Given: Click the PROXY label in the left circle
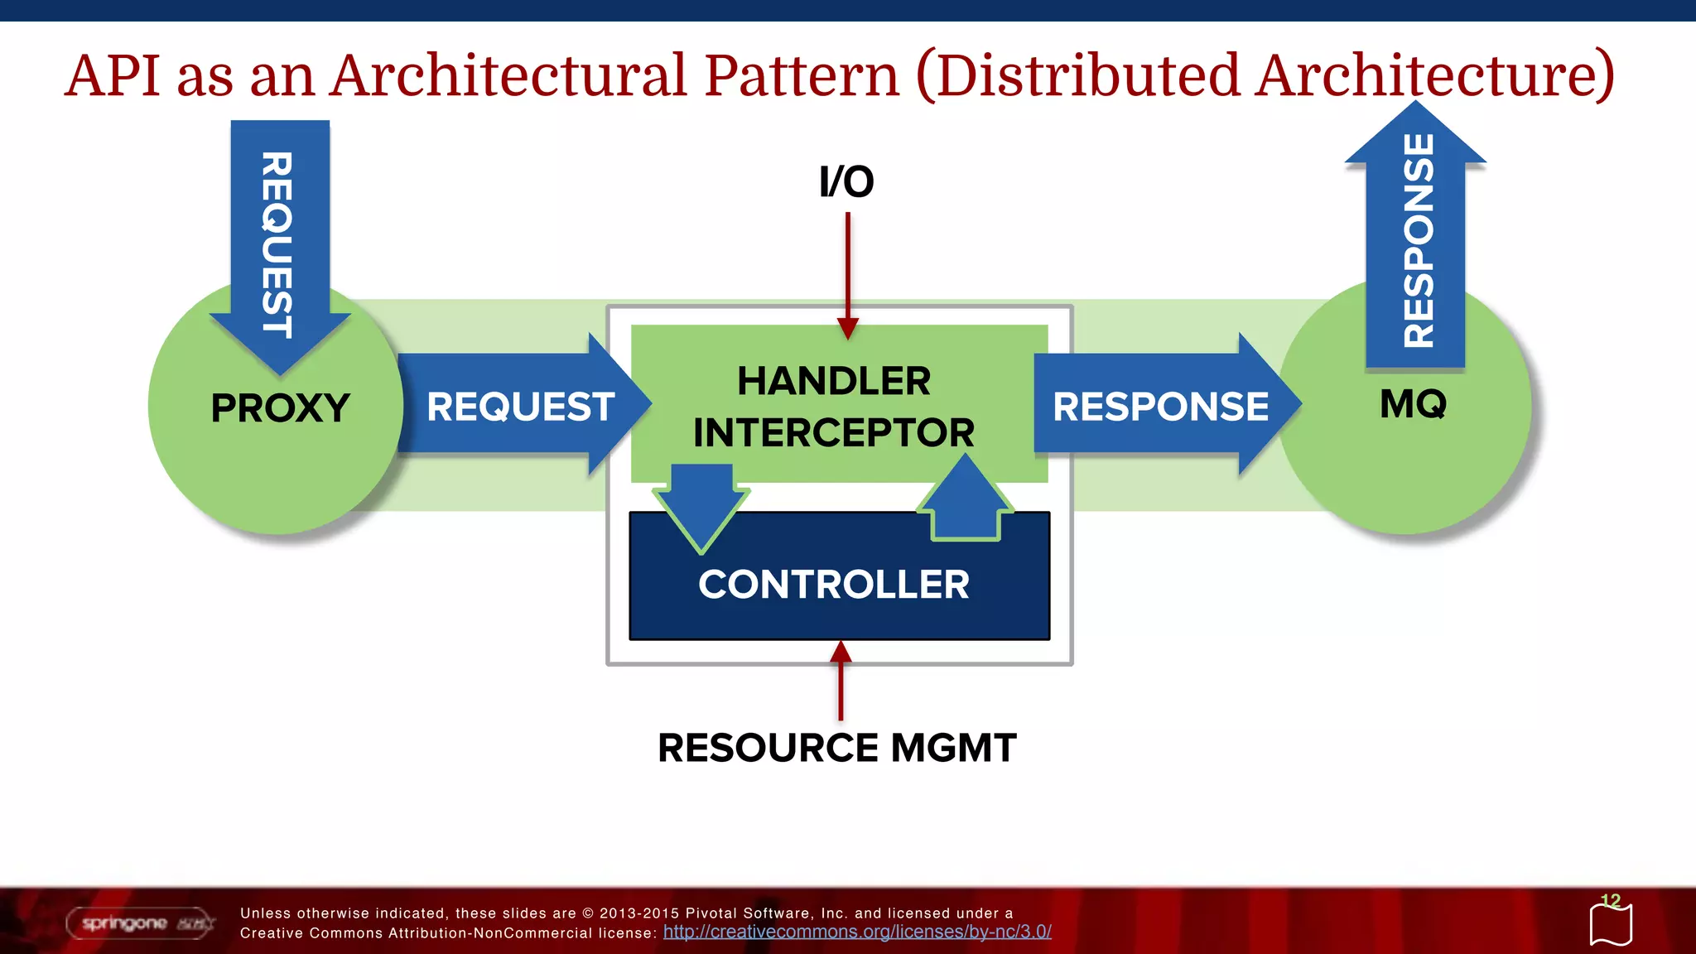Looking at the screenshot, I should coord(280,408).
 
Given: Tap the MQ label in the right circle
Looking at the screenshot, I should coord(1413,405).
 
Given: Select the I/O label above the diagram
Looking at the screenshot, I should coord(846,182).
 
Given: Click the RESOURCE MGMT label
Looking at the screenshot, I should coord(836,748).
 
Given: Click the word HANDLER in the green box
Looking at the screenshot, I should coord(834,382).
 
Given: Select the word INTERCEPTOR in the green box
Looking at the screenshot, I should coord(834,433).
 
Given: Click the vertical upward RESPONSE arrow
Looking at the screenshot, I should coord(1416,240).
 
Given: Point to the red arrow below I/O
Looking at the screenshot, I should coord(847,273).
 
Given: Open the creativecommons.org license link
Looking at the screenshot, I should coord(857,932).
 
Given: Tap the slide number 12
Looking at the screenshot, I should coord(1610,901).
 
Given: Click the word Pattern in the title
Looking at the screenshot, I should coord(802,75).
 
